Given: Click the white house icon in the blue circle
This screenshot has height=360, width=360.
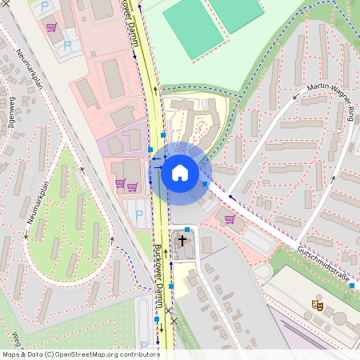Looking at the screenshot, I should pyautogui.click(x=180, y=173).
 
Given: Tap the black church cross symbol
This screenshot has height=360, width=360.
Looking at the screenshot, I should pyautogui.click(x=182, y=239).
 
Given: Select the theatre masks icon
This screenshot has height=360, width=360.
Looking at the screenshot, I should pyautogui.click(x=318, y=304).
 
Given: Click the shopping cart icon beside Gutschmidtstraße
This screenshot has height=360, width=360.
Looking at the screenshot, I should pyautogui.click(x=230, y=219).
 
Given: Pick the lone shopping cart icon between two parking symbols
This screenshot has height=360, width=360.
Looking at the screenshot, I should pyautogui.click(x=51, y=27).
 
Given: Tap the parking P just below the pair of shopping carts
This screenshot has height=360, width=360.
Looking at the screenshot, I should pyautogui.click(x=140, y=214).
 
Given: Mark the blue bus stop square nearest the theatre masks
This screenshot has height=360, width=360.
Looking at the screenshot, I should pyautogui.click(x=351, y=285).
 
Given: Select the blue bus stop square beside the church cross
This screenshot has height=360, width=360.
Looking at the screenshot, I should pyautogui.click(x=186, y=230).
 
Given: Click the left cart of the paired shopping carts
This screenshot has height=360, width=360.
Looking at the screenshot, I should pyautogui.click(x=120, y=185).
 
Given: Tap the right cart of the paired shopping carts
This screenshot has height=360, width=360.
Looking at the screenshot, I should pyautogui.click(x=132, y=187).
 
